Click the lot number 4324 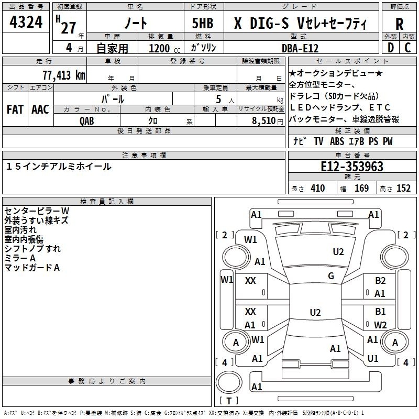[26, 22]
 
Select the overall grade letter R [399, 24]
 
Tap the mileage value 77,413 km [64, 75]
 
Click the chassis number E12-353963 [352, 167]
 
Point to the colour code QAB [87, 121]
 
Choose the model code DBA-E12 [300, 48]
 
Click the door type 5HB [203, 23]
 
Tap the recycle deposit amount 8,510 [264, 121]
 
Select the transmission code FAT [15, 109]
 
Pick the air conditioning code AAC [40, 109]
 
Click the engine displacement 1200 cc [164, 48]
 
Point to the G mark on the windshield [331, 275]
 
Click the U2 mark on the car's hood [338, 252]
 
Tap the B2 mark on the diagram [380, 281]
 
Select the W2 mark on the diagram [380, 325]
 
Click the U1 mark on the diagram [373, 358]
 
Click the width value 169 [361, 188]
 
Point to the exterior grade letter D [390, 48]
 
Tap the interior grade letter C [407, 48]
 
